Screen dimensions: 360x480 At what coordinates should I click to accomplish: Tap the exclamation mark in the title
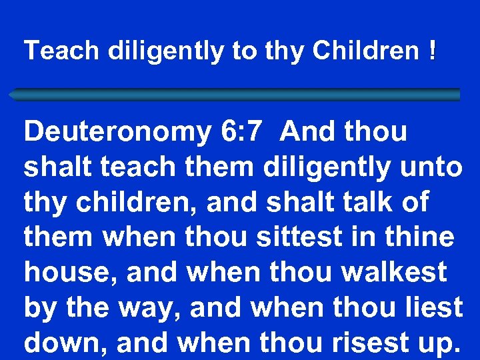point(433,51)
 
